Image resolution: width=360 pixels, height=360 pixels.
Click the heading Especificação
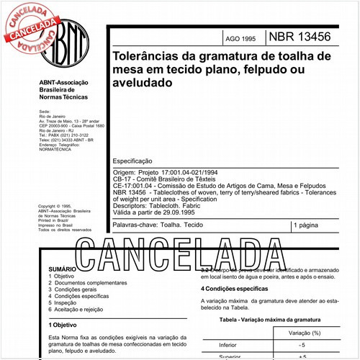(133, 163)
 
